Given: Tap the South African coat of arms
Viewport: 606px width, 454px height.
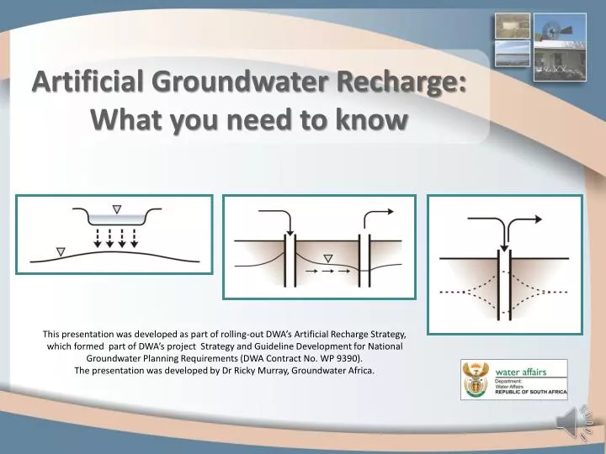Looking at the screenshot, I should pos(476,379).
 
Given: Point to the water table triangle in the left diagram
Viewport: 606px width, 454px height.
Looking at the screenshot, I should pos(60,250).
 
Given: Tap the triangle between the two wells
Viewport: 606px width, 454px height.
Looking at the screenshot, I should pos(327,258).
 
